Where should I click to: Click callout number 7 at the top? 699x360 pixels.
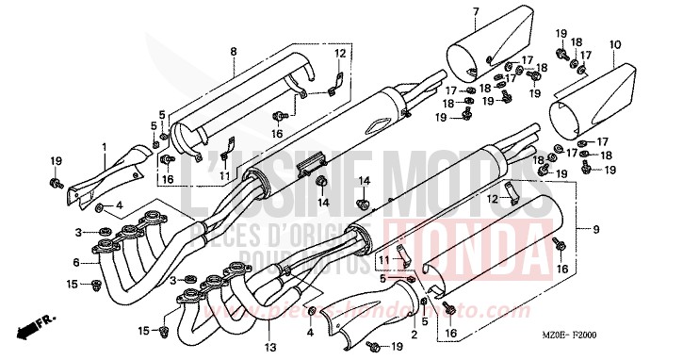pyautogui.click(x=475, y=11)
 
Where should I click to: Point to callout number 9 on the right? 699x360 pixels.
pyautogui.click(x=595, y=229)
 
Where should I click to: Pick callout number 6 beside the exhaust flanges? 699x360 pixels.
pyautogui.click(x=76, y=262)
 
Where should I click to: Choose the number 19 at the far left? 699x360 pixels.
pyautogui.click(x=56, y=161)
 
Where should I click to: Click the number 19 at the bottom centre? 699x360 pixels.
pyautogui.click(x=397, y=348)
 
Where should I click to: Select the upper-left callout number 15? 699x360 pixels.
pyautogui.click(x=73, y=284)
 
